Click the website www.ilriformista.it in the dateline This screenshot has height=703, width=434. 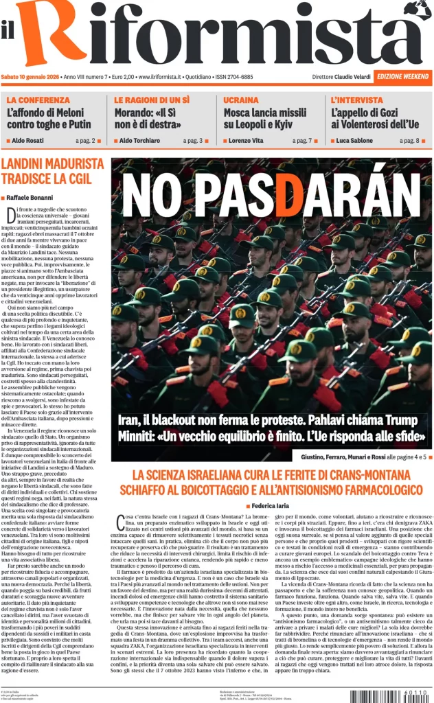point(164,77)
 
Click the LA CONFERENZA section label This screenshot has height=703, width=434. point(38,100)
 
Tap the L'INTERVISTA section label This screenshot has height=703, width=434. point(358,100)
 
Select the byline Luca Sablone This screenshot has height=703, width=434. point(358,140)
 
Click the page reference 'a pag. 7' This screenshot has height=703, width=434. point(301,140)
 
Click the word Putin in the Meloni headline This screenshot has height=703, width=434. point(79,124)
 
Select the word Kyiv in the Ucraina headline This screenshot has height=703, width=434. point(294,124)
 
